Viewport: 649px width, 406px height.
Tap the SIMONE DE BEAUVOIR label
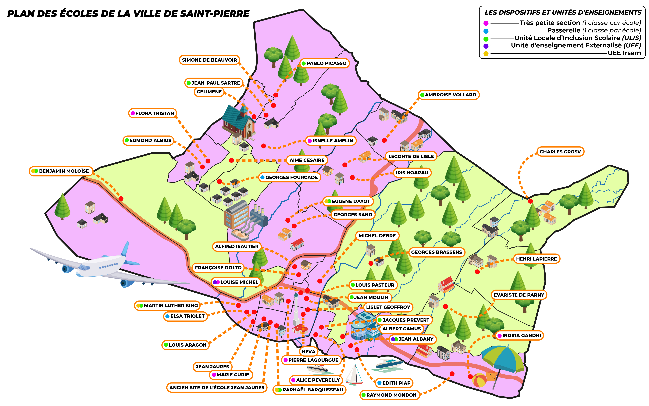click(209, 60)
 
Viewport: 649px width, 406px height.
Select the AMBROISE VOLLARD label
click(448, 95)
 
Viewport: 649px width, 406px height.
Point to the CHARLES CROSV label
click(560, 152)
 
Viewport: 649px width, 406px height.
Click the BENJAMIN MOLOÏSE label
click(61, 171)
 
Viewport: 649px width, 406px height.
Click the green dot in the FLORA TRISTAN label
click(133, 113)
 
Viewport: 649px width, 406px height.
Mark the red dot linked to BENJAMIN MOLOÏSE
click(121, 199)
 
